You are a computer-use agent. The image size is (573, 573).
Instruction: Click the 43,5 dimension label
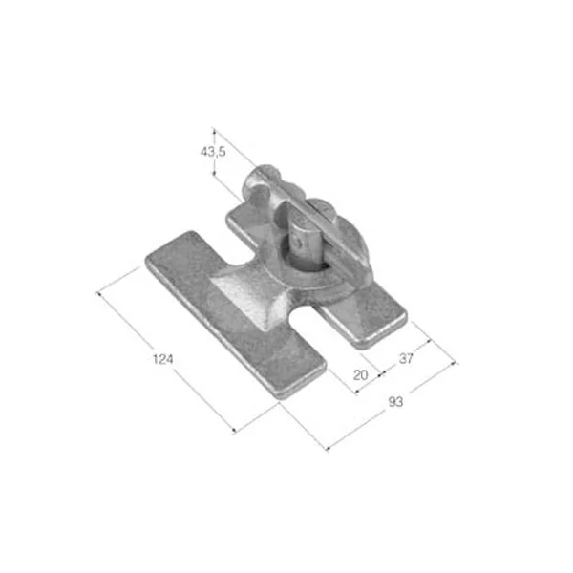(213, 151)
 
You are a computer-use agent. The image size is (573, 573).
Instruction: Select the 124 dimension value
(162, 360)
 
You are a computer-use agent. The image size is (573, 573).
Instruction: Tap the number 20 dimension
(361, 375)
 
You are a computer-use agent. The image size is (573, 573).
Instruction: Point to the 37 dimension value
(406, 359)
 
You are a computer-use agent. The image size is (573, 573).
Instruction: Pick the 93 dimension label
(395, 402)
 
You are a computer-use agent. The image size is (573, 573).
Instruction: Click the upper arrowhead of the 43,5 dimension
(215, 131)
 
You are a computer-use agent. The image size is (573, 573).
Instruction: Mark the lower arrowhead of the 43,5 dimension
(215, 173)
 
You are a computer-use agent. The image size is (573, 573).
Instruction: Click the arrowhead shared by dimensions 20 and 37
(381, 373)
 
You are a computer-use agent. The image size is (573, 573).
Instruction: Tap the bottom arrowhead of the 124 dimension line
(235, 431)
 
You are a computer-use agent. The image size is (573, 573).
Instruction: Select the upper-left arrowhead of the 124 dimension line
(99, 294)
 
